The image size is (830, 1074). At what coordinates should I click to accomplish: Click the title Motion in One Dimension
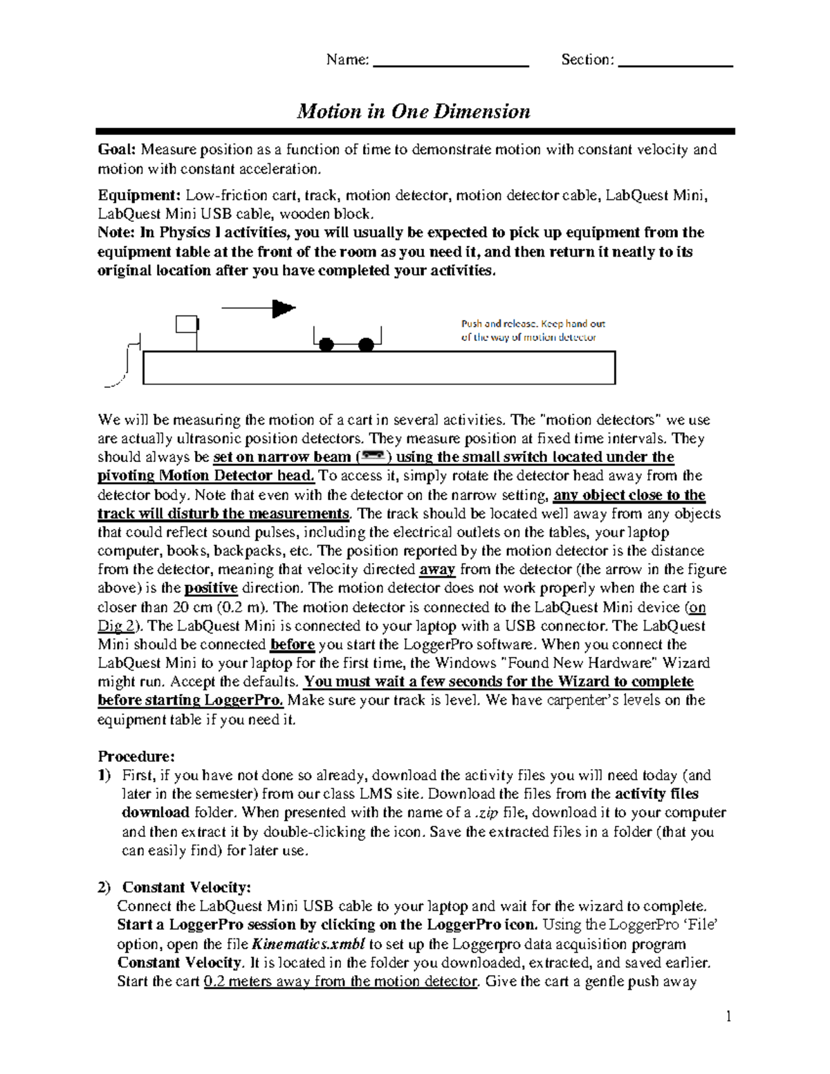click(413, 111)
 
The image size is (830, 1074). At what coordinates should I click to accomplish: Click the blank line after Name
click(450, 64)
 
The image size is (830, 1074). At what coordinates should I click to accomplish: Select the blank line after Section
click(675, 64)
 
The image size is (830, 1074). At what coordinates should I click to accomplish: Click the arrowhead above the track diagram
click(283, 308)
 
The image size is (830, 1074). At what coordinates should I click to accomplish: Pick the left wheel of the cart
click(326, 344)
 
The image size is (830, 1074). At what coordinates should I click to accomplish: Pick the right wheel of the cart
click(366, 344)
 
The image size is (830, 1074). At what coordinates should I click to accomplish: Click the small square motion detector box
click(187, 324)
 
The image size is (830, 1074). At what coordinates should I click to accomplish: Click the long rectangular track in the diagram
click(378, 367)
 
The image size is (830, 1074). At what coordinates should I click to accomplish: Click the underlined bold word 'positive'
click(211, 589)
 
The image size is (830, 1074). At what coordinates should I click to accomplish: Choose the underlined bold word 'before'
click(293, 645)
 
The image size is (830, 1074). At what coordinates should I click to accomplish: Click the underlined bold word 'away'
click(437, 570)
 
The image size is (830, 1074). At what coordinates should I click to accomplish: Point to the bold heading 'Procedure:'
click(136, 756)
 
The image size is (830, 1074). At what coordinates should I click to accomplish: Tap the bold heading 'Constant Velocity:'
click(186, 887)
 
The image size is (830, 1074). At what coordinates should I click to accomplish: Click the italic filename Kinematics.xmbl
click(308, 944)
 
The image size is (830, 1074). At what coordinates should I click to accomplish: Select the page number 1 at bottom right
click(728, 1016)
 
